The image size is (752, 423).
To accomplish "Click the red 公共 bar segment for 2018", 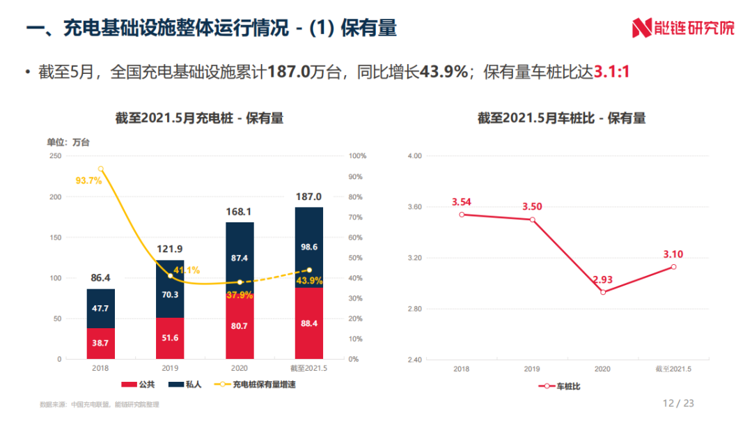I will (101, 343).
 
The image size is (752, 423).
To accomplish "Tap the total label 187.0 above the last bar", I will (308, 197).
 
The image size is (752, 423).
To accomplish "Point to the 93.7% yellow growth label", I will (88, 180).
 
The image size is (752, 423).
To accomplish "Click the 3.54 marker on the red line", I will (462, 215).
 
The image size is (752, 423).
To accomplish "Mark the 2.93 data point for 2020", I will (603, 292).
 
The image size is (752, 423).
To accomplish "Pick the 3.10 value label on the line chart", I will (673, 254).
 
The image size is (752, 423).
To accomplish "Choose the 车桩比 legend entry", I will (561, 385).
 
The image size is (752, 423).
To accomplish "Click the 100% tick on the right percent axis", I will (357, 156).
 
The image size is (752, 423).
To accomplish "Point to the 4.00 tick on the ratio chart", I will (414, 156).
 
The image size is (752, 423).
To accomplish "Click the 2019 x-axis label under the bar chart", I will (170, 369).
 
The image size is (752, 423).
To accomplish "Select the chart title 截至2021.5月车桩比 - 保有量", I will (561, 118).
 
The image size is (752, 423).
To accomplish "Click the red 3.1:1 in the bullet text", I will (611, 72).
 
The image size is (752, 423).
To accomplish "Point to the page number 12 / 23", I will (678, 403).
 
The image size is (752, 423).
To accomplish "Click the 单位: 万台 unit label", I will (68, 142).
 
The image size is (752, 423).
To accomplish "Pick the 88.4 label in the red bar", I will (308, 323).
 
